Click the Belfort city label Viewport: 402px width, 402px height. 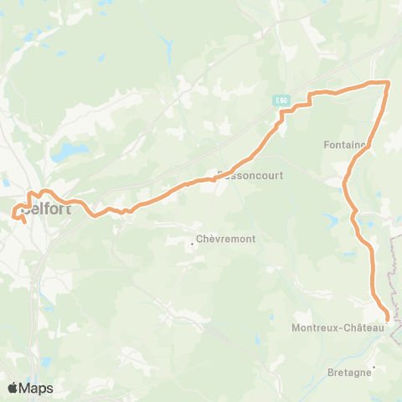(x=50, y=209)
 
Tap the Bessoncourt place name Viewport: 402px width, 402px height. (x=252, y=176)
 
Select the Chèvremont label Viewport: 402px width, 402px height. (x=227, y=239)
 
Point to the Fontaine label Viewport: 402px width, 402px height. (x=345, y=144)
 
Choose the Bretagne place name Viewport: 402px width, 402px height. (x=349, y=373)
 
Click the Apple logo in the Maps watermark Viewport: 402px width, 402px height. (x=13, y=388)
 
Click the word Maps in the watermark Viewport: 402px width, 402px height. (x=37, y=388)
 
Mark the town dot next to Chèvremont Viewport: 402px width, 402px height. (x=193, y=244)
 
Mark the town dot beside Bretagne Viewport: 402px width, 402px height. (x=374, y=367)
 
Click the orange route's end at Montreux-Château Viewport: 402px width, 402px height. (x=387, y=318)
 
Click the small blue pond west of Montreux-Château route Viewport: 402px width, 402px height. (x=332, y=220)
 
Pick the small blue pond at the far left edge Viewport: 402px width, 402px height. (x=5, y=181)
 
